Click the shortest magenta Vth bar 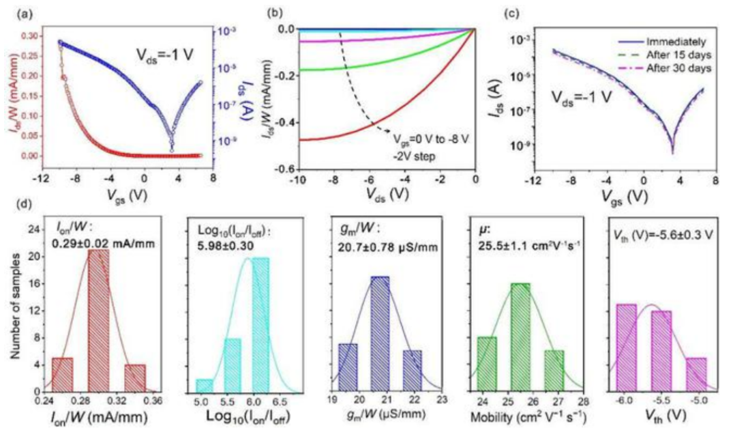pyautogui.click(x=695, y=374)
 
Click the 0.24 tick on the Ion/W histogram pyautogui.click(x=46, y=401)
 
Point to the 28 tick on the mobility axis pyautogui.click(x=583, y=401)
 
